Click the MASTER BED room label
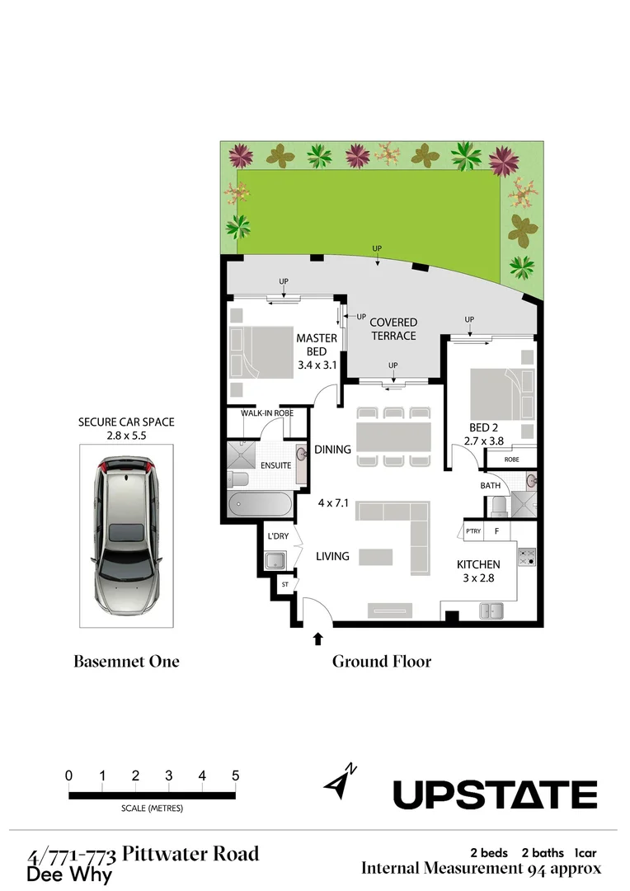pos(317,344)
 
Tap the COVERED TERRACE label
pos(393,329)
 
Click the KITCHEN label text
pos(479,564)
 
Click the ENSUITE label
pos(275,465)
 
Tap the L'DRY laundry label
pos(276,537)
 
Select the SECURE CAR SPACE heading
pos(126,422)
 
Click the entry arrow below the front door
pos(318,638)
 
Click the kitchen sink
pos(492,610)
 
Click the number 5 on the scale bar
pos(236,775)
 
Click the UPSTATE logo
pos(495,794)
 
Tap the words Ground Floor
pos(381,661)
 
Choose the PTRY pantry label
pos(472,531)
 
